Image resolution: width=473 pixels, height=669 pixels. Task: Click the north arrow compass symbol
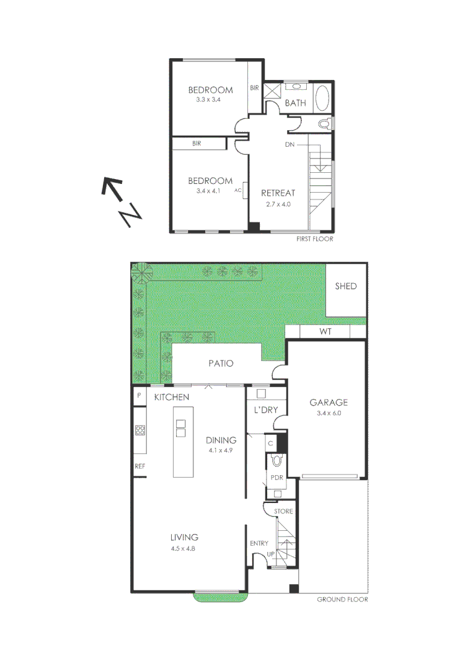(122, 202)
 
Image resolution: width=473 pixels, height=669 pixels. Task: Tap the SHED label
(345, 286)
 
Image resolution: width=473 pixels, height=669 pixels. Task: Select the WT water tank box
(325, 332)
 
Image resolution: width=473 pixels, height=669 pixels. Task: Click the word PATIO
(220, 363)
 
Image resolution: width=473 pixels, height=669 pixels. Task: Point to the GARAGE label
(329, 402)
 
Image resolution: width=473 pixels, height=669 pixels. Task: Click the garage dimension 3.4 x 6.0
(329, 413)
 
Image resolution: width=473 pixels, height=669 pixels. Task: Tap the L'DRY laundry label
(265, 410)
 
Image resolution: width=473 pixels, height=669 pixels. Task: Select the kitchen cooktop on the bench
(139, 429)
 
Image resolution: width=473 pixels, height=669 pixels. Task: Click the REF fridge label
(139, 466)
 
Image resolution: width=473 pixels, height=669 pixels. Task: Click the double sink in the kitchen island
(180, 429)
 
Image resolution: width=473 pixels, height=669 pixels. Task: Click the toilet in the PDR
(276, 460)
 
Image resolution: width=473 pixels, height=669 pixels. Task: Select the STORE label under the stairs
(283, 512)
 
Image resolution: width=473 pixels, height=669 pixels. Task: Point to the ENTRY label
(259, 543)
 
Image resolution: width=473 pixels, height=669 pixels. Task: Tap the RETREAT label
(278, 193)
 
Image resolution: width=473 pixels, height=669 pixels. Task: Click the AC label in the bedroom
(237, 191)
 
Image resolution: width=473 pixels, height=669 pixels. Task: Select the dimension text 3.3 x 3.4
(208, 99)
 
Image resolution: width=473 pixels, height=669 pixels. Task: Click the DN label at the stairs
(290, 144)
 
